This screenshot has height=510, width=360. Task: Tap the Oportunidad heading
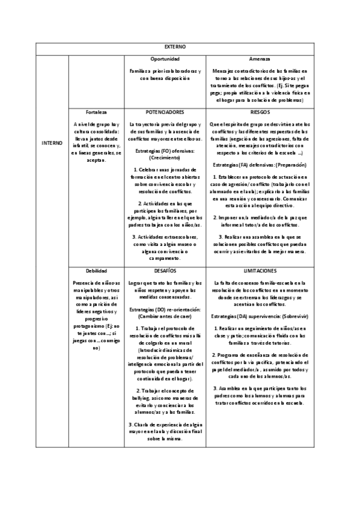(165, 59)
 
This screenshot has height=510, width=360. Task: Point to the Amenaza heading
(260, 59)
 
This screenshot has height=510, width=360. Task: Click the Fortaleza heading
(96, 112)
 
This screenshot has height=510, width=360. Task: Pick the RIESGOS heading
(260, 112)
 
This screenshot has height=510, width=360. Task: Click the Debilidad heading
(96, 272)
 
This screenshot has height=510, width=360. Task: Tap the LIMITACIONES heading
(260, 272)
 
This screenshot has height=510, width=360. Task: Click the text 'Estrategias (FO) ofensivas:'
(165, 150)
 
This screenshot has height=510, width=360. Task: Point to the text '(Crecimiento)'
(165, 158)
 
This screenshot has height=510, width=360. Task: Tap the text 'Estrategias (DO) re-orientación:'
(165, 309)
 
